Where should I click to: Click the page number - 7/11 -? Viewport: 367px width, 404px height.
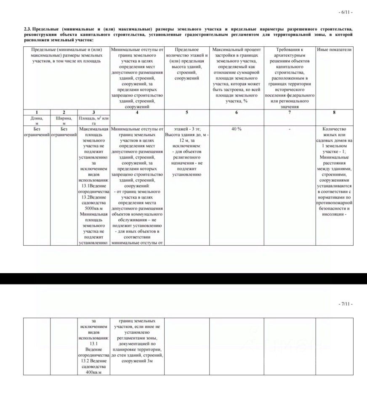click(346, 304)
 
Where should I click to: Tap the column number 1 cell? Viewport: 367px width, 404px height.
click(37, 112)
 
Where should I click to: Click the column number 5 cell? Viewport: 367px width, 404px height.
click(186, 112)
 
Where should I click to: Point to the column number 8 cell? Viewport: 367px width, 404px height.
click(334, 112)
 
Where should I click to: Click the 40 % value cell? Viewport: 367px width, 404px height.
click(236, 129)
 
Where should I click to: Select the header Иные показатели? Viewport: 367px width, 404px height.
click(334, 50)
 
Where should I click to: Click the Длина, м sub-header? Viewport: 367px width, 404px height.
click(37, 121)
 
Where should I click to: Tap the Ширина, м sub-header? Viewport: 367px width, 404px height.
click(64, 121)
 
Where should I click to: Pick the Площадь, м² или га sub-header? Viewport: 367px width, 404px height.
click(93, 121)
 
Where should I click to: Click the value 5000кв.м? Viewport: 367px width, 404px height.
click(93, 208)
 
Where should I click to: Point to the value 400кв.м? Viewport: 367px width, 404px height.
click(93, 372)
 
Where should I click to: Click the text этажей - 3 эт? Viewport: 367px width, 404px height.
click(186, 129)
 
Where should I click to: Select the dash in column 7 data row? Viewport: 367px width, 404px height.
click(290, 129)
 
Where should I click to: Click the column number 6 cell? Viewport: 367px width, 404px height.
click(236, 112)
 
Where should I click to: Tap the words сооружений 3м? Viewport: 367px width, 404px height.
click(137, 361)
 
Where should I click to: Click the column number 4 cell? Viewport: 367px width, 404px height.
click(137, 112)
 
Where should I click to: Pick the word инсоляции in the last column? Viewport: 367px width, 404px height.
click(332, 214)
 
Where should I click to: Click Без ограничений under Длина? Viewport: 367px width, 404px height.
click(37, 132)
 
